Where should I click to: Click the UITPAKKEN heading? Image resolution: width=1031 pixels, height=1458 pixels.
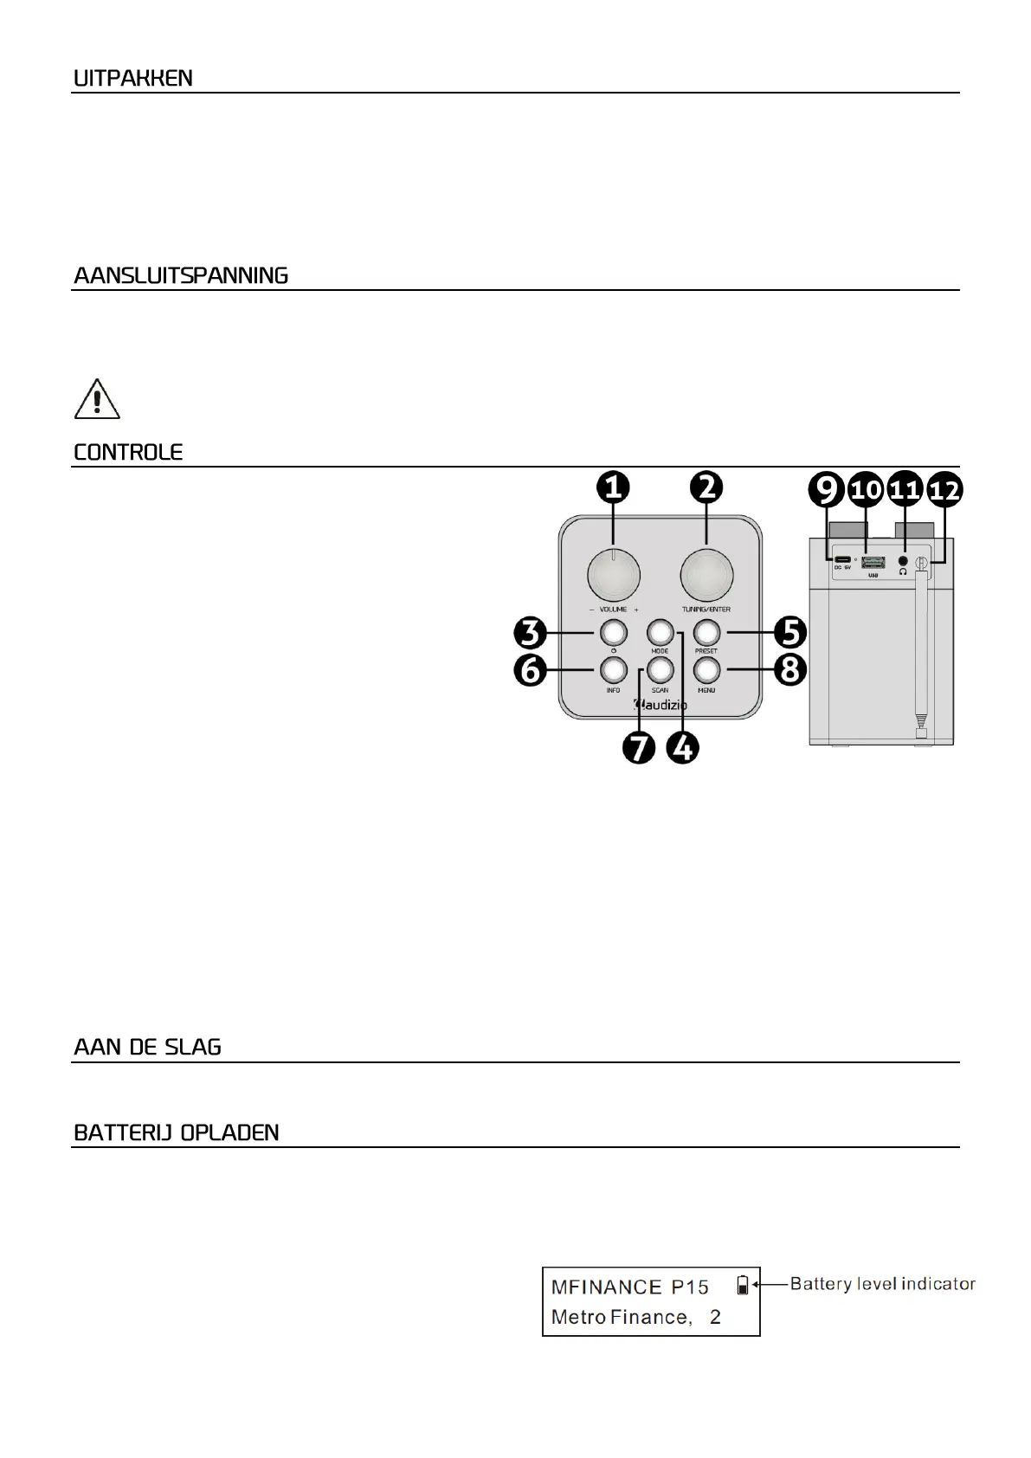(x=133, y=79)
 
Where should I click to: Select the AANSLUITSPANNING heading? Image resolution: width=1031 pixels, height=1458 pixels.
(x=181, y=276)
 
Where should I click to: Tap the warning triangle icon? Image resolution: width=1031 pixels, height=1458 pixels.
(x=97, y=399)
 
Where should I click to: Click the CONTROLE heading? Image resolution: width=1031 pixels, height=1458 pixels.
(x=128, y=453)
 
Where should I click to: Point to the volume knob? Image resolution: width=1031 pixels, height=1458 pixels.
(x=614, y=575)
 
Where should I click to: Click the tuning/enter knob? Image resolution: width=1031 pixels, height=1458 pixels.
(x=706, y=575)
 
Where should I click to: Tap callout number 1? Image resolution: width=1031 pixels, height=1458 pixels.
(x=613, y=489)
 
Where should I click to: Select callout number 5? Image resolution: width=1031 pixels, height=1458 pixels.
(x=789, y=632)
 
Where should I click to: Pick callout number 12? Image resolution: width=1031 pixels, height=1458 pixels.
(x=944, y=491)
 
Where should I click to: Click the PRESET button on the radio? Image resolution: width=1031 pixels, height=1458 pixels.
(x=706, y=631)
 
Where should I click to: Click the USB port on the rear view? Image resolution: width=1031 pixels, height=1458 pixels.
(x=873, y=563)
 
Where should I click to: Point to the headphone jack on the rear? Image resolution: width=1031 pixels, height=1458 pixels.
(x=904, y=562)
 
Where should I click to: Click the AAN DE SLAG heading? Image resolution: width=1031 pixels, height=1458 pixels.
(x=147, y=1048)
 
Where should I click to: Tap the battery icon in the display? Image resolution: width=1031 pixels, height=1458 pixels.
(x=742, y=1285)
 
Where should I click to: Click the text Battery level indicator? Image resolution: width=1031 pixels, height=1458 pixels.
(x=882, y=1284)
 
